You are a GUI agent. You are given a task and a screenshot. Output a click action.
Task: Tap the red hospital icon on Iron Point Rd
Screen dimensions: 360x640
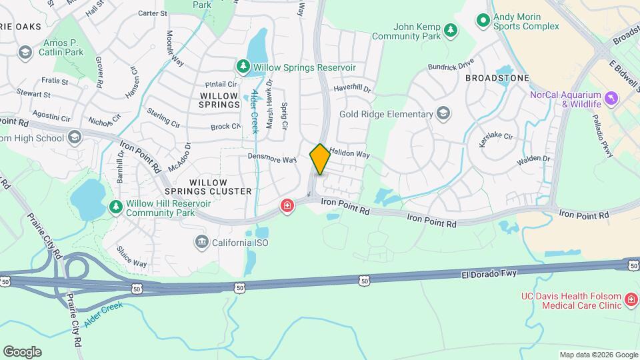tap(287, 207)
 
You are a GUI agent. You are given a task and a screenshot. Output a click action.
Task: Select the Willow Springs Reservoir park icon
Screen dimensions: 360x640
tap(242, 67)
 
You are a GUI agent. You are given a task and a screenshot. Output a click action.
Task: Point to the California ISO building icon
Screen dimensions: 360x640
tap(201, 243)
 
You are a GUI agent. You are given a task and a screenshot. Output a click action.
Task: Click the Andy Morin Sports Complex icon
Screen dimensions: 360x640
tap(483, 21)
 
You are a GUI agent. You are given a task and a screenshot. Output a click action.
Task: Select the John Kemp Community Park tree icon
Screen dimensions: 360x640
tap(451, 30)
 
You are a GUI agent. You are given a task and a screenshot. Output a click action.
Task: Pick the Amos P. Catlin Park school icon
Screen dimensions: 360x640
tap(25, 51)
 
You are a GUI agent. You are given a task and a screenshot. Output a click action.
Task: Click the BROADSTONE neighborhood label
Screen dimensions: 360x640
tap(497, 78)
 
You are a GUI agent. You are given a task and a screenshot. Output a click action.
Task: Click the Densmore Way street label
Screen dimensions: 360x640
tap(272, 159)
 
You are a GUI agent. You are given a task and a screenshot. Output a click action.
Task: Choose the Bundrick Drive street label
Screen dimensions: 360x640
tap(451, 65)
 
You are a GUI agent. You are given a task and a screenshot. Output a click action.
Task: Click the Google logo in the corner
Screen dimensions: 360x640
tap(22, 351)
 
